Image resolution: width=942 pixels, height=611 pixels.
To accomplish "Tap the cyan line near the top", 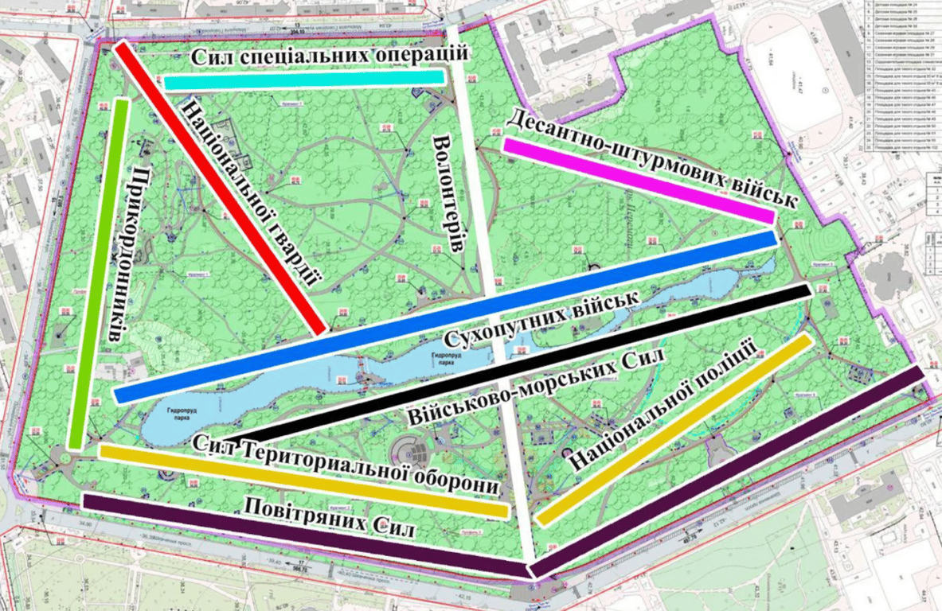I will (303, 79).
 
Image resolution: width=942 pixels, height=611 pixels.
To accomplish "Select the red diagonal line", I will (220, 186).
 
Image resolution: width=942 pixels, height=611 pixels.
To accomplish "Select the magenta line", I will (637, 181).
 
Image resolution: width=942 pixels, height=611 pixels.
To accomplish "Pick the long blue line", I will (446, 317).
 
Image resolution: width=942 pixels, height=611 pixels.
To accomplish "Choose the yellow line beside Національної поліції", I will (674, 430).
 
